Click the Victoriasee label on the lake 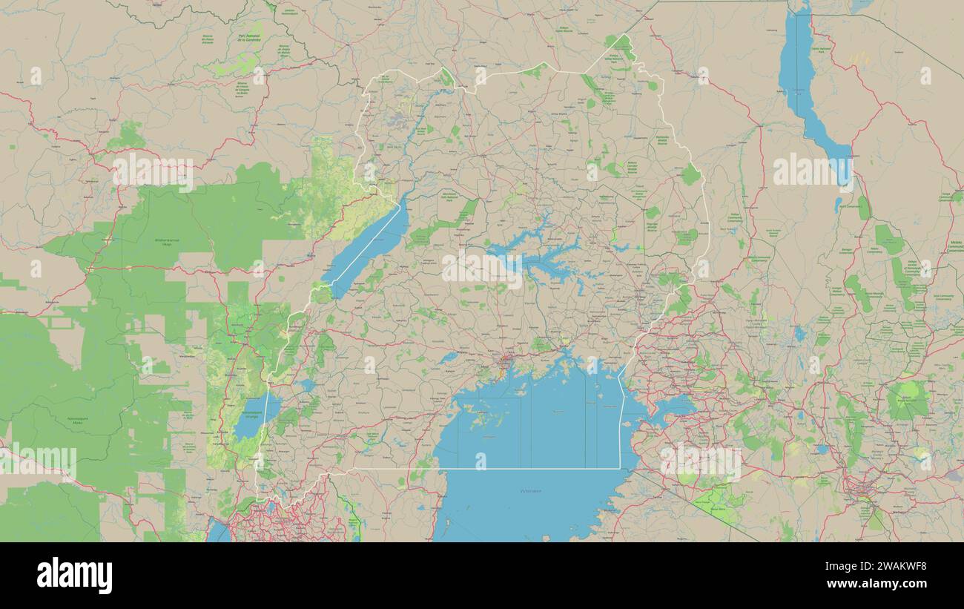click(531, 490)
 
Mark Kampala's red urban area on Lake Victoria click(506, 363)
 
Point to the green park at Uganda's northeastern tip click(620, 46)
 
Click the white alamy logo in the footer click(74, 576)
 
